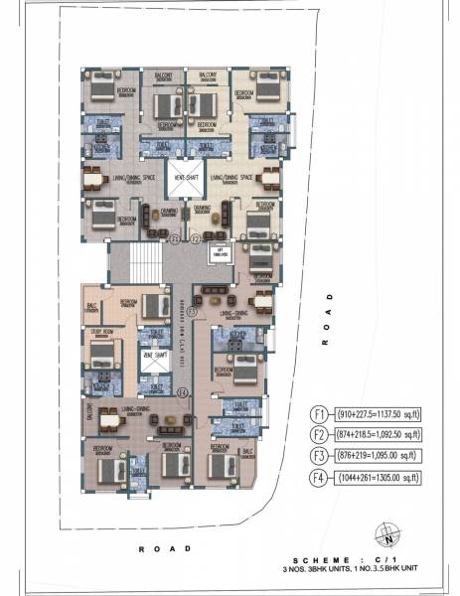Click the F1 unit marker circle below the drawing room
pos(175,239)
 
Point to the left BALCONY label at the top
pos(164,74)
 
